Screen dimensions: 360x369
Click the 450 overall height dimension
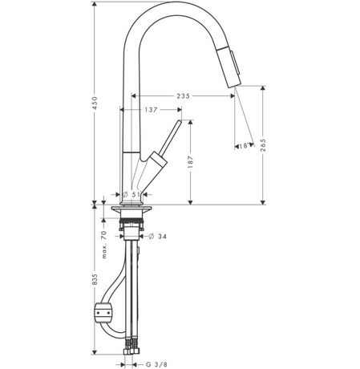[x=95, y=103]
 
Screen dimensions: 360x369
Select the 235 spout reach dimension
[x=183, y=95]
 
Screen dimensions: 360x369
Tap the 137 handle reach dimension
[x=151, y=110]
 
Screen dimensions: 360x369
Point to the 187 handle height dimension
[x=190, y=162]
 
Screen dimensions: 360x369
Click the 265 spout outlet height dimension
[x=263, y=145]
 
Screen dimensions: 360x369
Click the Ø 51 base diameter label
[x=131, y=194]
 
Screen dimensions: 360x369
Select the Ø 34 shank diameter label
[x=157, y=237]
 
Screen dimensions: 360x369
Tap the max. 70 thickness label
[x=104, y=245]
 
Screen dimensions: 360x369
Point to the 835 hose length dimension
[x=95, y=279]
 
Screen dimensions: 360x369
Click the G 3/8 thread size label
[x=156, y=364]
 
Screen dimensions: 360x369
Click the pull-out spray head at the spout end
[x=230, y=67]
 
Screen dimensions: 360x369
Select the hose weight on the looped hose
[x=103, y=312]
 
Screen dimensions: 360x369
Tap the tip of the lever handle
[x=180, y=122]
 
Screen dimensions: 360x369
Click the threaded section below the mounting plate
[x=131, y=221]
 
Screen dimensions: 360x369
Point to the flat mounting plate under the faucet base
[x=131, y=208]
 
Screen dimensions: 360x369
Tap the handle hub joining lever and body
[x=158, y=160]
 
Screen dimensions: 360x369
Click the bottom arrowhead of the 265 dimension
[x=263, y=202]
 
